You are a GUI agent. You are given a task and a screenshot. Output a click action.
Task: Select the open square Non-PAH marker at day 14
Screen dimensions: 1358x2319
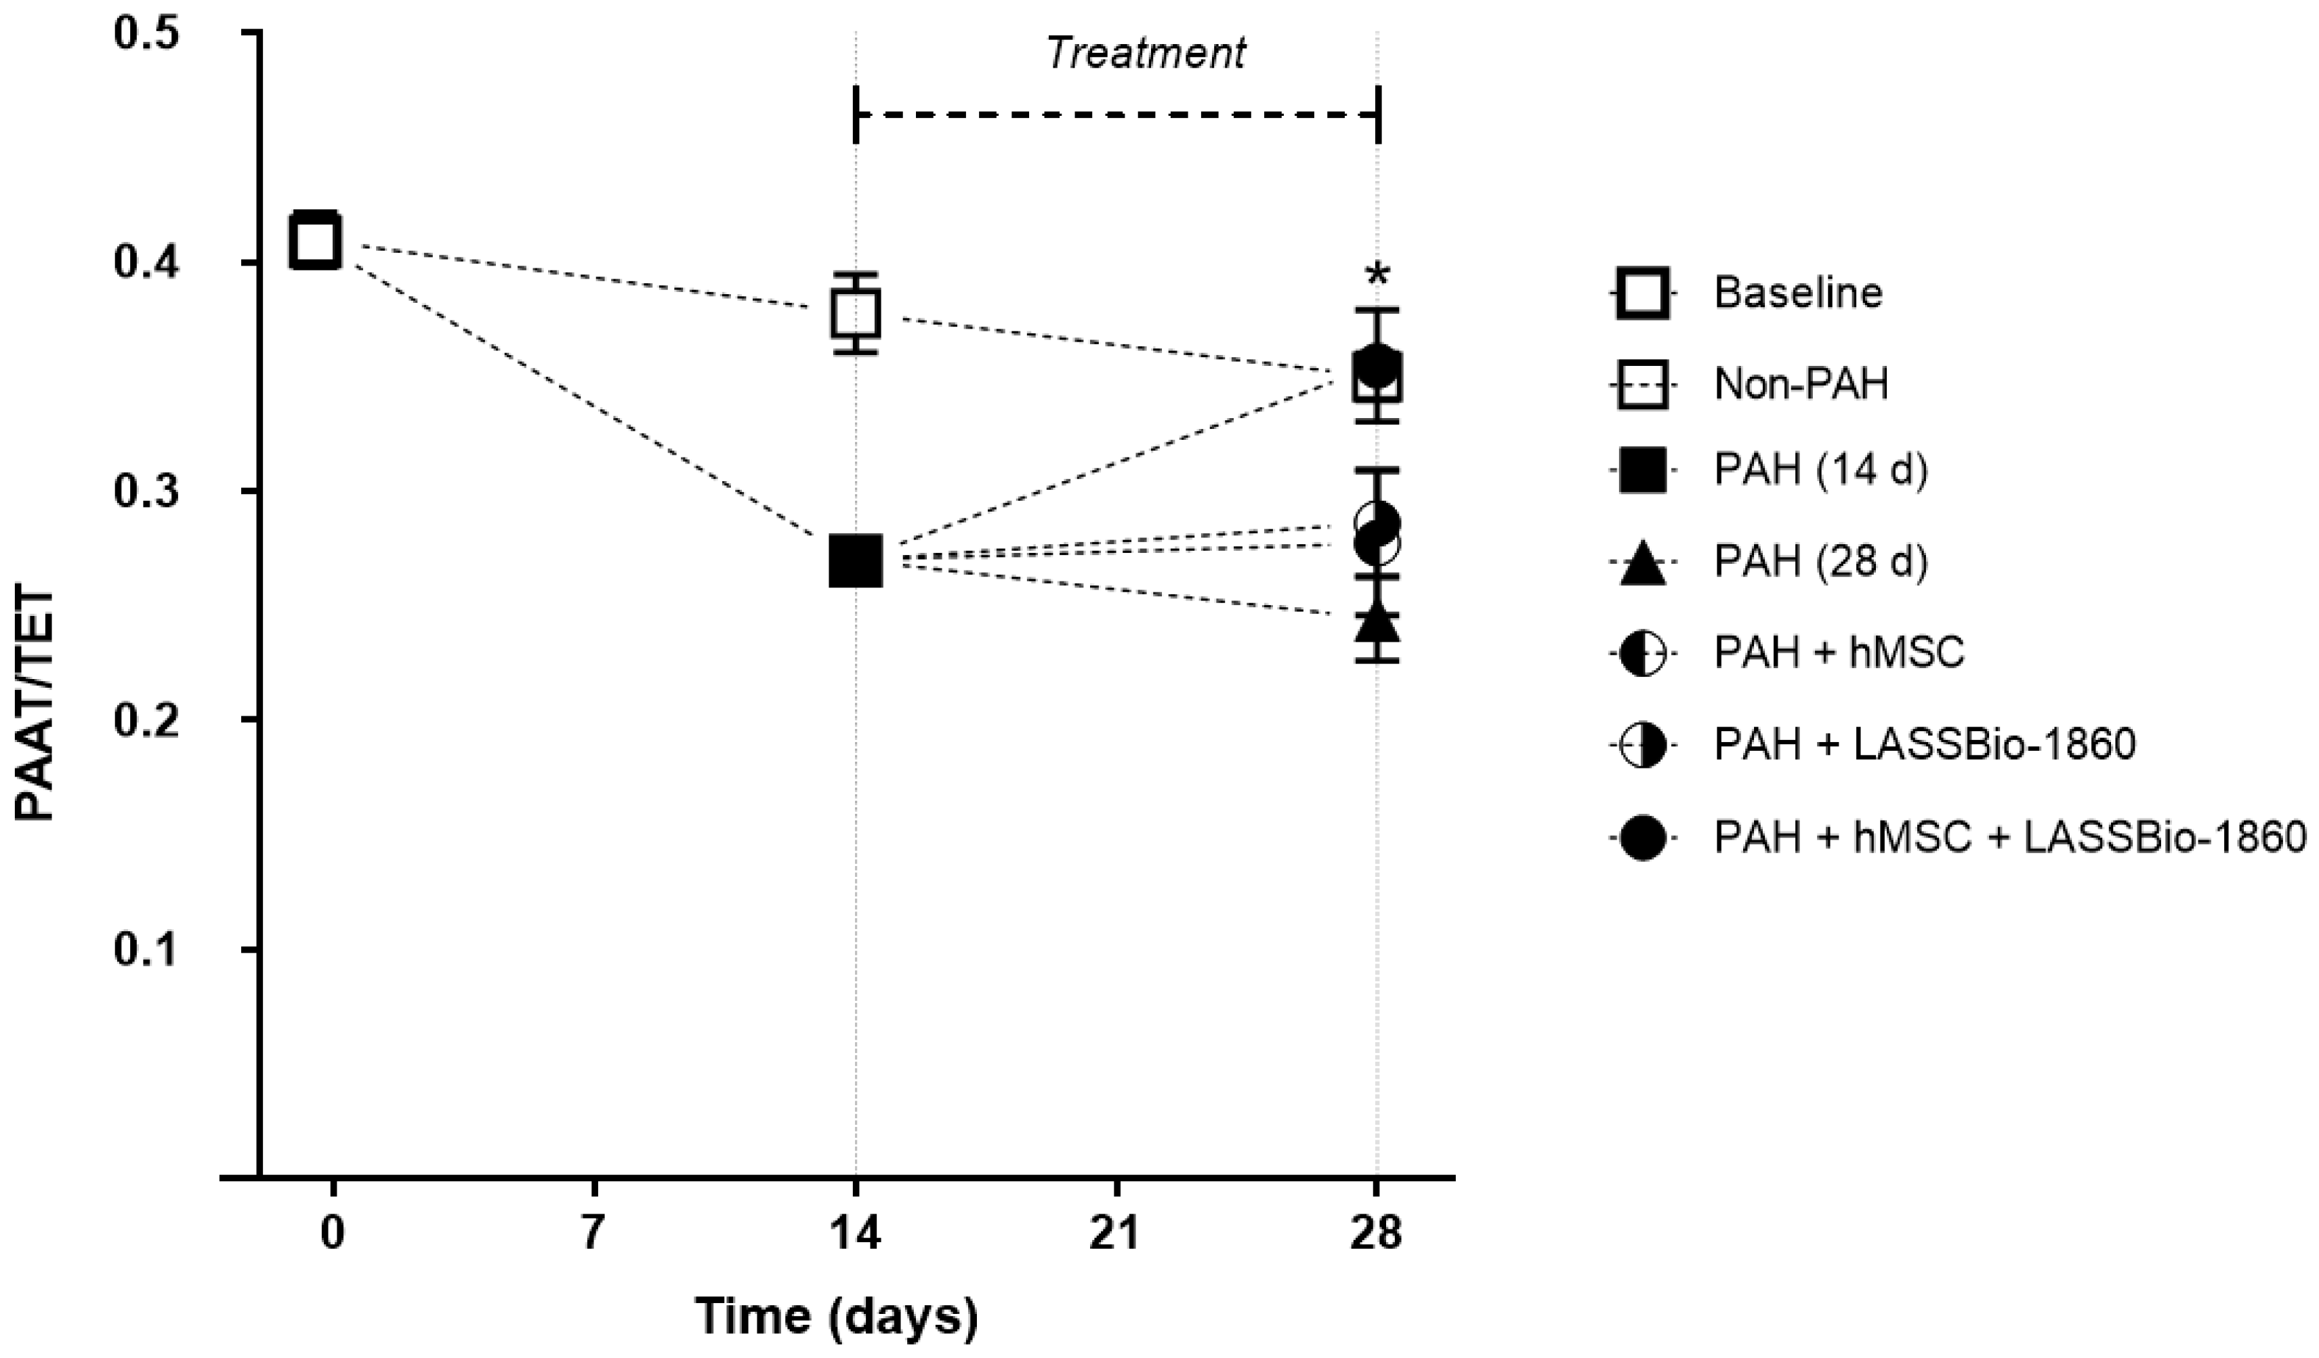(856, 314)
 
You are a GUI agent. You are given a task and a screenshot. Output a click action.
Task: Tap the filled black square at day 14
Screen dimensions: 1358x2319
(856, 560)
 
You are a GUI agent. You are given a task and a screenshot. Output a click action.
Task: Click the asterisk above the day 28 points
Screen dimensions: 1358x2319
(1377, 275)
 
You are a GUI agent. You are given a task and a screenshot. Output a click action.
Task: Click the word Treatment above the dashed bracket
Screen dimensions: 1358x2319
(1146, 54)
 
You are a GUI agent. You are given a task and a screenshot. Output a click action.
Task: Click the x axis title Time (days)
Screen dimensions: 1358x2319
(835, 1316)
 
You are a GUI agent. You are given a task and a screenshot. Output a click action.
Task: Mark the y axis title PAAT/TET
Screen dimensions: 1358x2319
(37, 704)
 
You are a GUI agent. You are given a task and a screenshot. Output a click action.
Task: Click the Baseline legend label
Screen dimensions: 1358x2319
(1797, 293)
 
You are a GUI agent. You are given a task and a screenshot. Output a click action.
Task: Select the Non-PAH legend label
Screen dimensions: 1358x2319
(1800, 383)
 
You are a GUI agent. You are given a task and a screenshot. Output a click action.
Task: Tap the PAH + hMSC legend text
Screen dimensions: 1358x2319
(1839, 652)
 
